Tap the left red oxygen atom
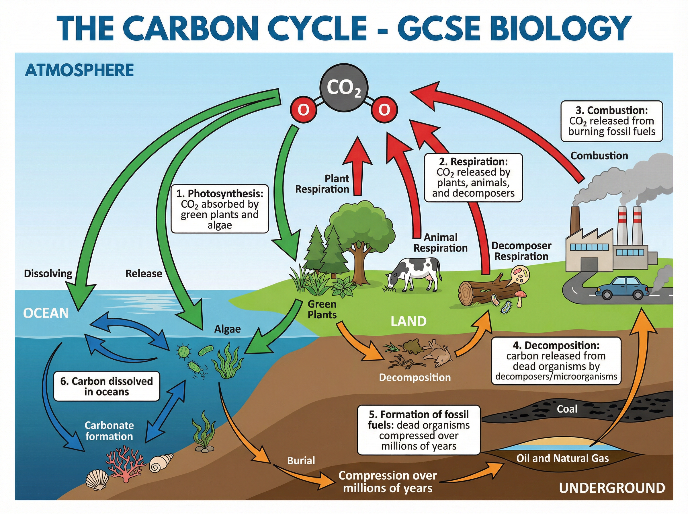point(303,110)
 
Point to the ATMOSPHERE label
point(79,70)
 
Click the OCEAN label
point(46,313)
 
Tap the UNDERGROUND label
point(612,488)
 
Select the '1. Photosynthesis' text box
point(220,209)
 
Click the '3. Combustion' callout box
point(611,121)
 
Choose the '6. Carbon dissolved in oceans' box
point(107,386)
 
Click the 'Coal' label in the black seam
point(567,409)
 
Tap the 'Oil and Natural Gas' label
point(562,458)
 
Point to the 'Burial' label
point(301,460)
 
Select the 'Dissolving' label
point(48,273)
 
